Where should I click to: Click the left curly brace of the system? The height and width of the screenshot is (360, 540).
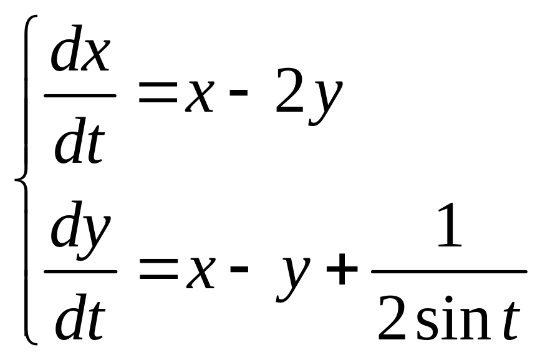click(24, 181)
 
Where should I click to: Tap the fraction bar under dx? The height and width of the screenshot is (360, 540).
click(80, 95)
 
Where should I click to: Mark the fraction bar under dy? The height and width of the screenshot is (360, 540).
click(80, 271)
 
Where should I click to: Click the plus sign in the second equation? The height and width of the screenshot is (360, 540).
click(341, 273)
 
